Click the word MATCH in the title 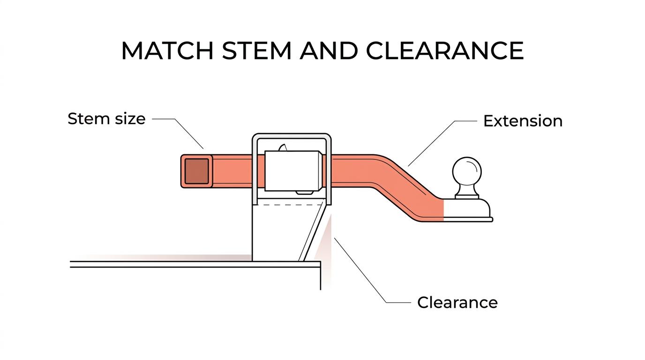pos(167,51)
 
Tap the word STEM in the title pos(257,51)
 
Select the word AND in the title pos(329,51)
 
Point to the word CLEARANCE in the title pos(444,51)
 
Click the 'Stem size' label pos(106,119)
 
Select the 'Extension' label pos(523,121)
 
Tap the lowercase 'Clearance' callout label pos(457,303)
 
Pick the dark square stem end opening pos(197,171)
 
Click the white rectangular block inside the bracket pos(293,171)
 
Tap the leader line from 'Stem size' pos(178,134)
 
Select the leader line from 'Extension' pos(442,143)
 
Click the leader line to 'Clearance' pos(372,270)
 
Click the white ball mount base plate pos(467,210)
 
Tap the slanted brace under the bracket pos(313,232)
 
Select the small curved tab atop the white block pos(283,148)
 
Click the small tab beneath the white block pos(305,192)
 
